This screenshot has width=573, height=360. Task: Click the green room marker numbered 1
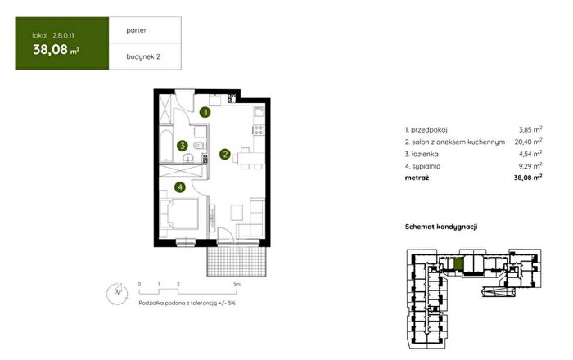coord(205,112)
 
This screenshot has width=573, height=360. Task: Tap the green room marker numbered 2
coord(225,155)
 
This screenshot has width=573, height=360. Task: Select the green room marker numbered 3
coord(182,146)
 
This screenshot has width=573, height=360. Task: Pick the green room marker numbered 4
coord(180,187)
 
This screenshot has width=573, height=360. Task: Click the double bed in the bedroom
coord(182,214)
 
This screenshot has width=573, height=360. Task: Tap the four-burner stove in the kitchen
coord(259,129)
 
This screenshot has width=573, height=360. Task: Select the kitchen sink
coord(259,111)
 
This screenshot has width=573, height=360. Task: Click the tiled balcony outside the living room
coord(236,261)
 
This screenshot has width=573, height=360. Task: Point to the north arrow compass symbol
coord(117,293)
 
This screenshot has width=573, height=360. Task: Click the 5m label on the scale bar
coord(237,284)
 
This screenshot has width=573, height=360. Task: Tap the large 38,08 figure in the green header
coord(51,49)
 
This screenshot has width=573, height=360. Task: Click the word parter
coord(137,30)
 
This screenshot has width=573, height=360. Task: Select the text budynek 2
coord(143,56)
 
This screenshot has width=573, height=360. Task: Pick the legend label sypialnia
coord(426,166)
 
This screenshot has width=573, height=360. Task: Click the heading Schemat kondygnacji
coord(441,227)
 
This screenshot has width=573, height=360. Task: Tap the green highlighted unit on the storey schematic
coord(458,263)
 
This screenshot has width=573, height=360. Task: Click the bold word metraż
coord(417,178)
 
